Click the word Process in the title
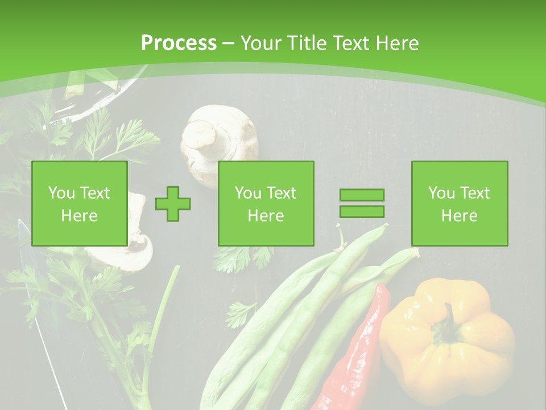[179, 43]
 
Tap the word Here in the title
[396, 43]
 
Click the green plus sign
[173, 203]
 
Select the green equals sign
[362, 203]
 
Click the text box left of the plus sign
[80, 203]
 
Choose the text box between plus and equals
[266, 203]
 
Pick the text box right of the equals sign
[460, 203]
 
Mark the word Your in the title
[260, 43]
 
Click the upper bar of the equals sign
[362, 195]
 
